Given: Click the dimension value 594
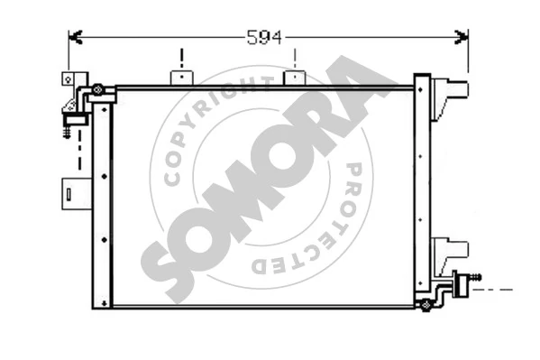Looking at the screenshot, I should pyautogui.click(x=264, y=37).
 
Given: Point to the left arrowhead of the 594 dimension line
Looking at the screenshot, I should pyautogui.click(x=75, y=37).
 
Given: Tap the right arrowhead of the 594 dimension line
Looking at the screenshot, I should pyautogui.click(x=462, y=37).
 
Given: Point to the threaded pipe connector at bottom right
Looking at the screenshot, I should pyautogui.click(x=466, y=286).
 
